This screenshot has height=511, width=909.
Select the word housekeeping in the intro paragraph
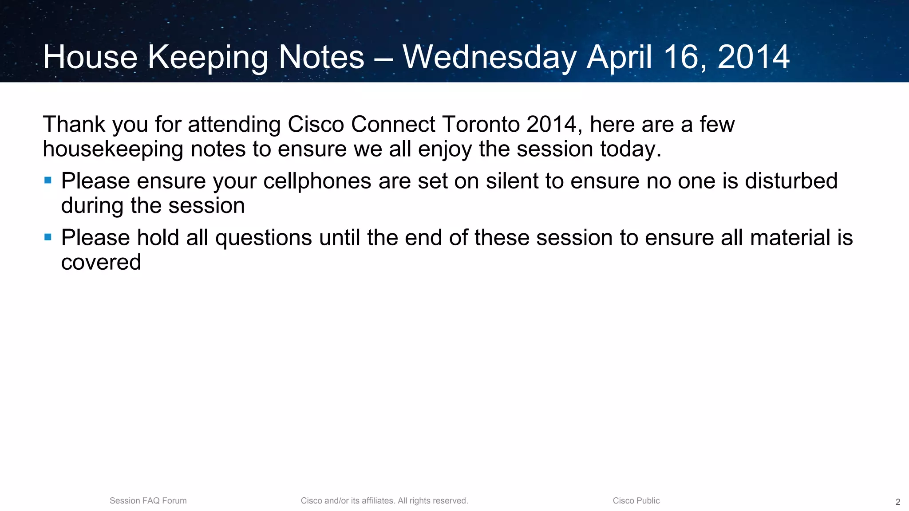point(113,149)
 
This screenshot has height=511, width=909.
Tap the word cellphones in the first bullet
point(317,181)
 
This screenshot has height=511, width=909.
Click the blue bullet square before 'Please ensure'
point(48,181)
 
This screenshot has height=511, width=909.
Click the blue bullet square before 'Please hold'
point(48,237)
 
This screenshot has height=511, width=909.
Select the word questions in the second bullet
point(264,238)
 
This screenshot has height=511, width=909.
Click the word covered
point(101,263)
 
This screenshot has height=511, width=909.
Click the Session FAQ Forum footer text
point(148,501)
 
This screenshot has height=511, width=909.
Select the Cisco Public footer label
point(636,501)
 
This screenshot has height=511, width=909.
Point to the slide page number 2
point(898,502)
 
